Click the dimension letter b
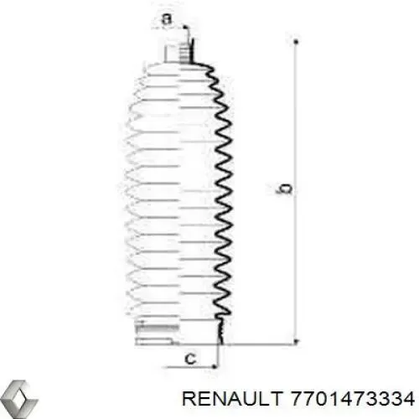tap(286, 191)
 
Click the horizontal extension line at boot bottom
tap(260, 344)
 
